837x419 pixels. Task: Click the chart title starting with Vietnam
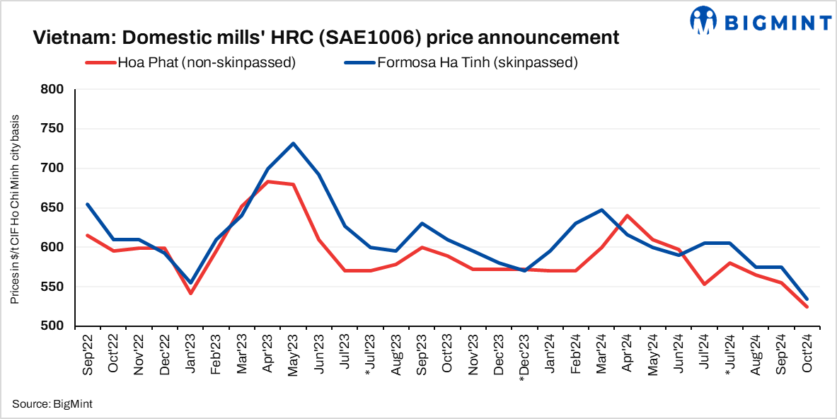[x=326, y=37]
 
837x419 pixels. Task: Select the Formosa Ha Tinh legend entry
[x=461, y=62]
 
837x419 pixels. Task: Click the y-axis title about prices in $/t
[x=15, y=208]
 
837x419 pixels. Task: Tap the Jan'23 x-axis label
[x=190, y=350]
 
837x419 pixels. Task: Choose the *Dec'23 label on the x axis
[x=523, y=355]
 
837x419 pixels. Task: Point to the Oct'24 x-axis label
[x=807, y=350]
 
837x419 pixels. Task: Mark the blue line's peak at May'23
[x=293, y=144]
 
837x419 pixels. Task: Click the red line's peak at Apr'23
[x=267, y=182]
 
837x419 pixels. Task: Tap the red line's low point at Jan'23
[x=190, y=293]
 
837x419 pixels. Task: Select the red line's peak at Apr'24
[x=627, y=215]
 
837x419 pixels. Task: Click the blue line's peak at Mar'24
[x=601, y=209]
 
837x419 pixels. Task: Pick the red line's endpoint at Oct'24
[x=807, y=306]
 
